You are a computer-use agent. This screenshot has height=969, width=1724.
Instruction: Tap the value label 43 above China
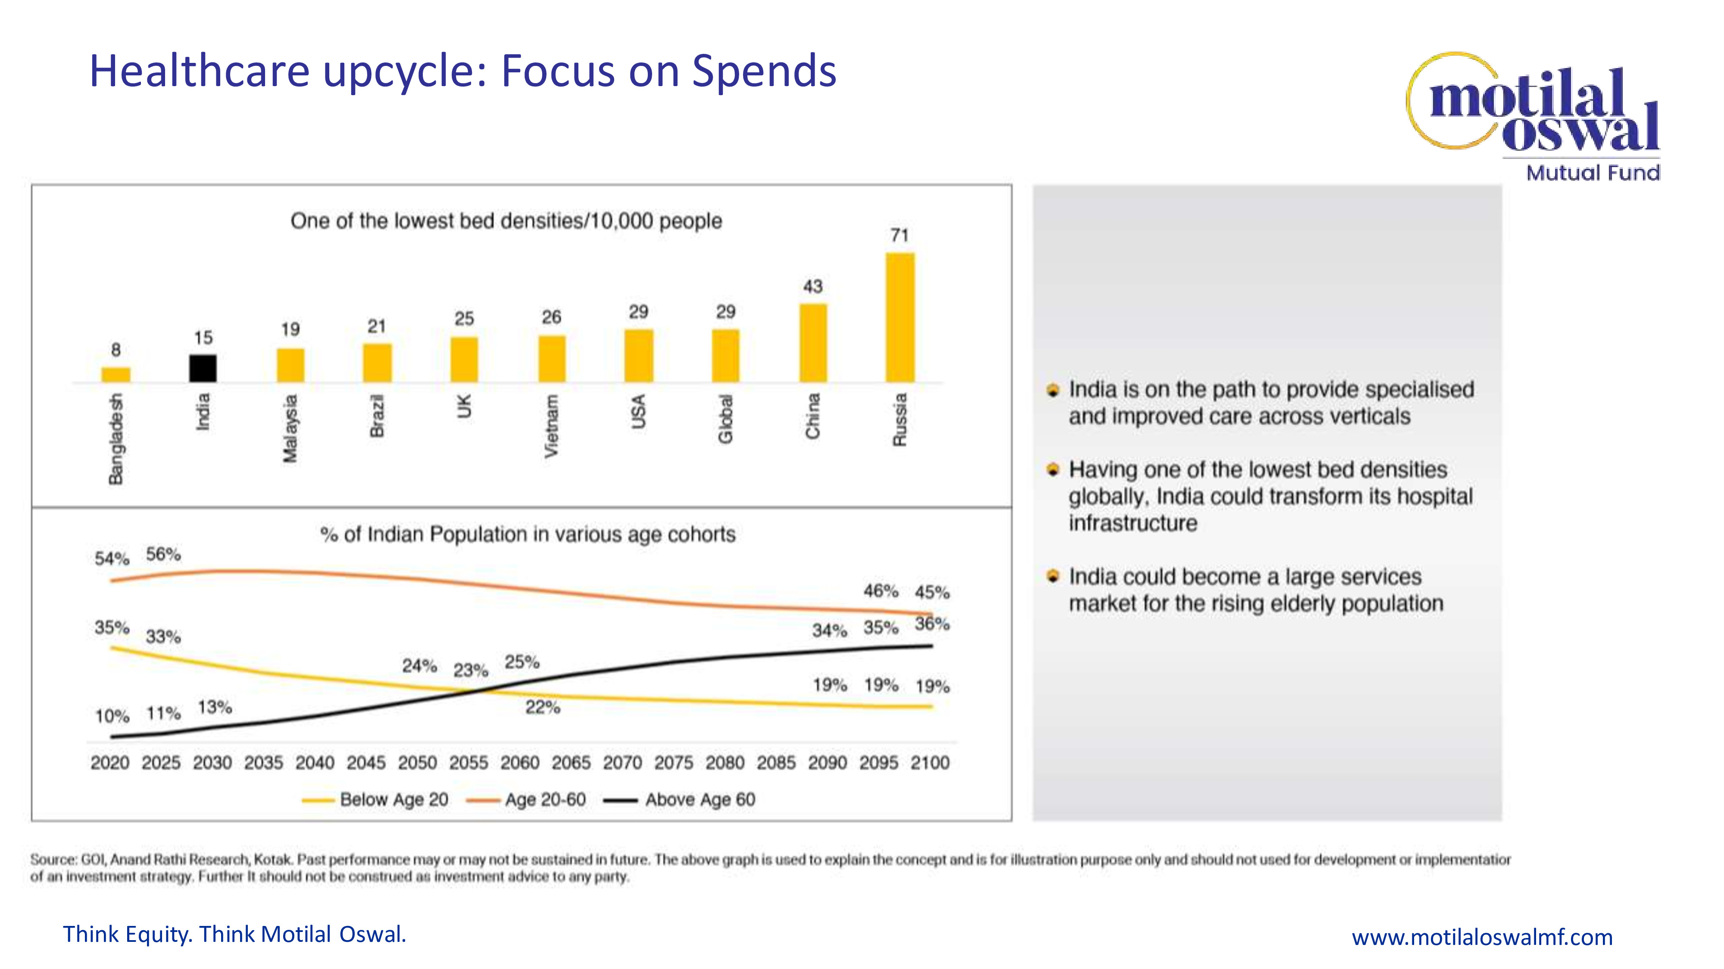(812, 287)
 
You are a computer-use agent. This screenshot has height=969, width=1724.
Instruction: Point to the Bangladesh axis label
(116, 439)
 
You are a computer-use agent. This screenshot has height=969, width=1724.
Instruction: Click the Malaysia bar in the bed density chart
(290, 365)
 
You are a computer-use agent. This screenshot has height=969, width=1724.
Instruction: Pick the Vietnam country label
(551, 426)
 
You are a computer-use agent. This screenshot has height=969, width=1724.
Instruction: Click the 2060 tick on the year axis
(520, 763)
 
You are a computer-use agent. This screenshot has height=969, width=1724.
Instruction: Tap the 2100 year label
(930, 763)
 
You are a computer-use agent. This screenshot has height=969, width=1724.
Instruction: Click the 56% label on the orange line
(163, 554)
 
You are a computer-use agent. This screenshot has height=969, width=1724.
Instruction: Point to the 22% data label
(542, 708)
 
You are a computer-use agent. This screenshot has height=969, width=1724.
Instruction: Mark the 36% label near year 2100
(932, 624)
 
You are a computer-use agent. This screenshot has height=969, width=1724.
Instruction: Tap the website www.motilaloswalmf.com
(1482, 937)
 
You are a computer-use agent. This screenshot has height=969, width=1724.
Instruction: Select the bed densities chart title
(506, 221)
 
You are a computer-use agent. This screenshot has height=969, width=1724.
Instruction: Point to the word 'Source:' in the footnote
(53, 859)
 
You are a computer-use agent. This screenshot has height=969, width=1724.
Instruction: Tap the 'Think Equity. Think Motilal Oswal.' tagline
(234, 934)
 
